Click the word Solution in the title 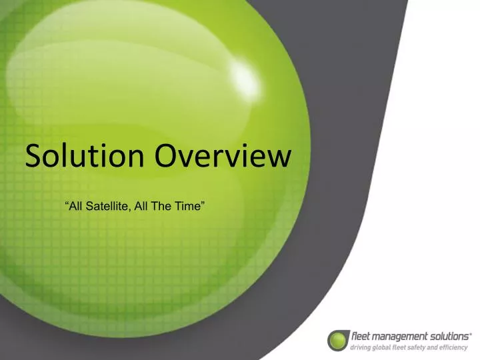coord(84,156)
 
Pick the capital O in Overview coord(167,156)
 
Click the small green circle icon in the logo coord(338,340)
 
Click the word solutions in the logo coord(447,337)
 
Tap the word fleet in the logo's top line coord(360,337)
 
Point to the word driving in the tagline coord(361,347)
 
